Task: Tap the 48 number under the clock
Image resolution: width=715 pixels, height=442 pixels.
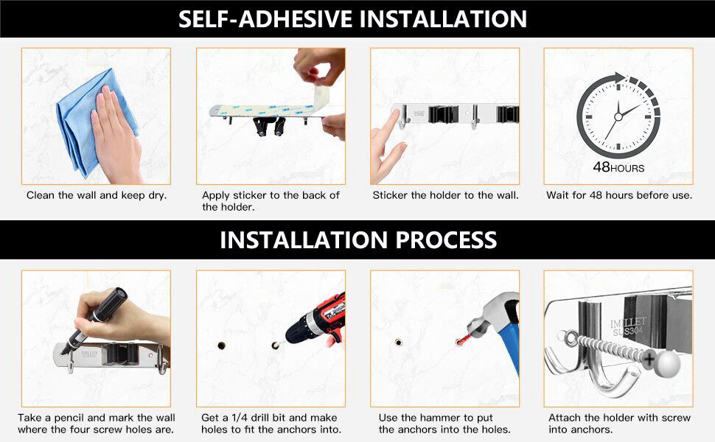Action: [601, 166]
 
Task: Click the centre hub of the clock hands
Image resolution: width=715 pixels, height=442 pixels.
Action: [618, 116]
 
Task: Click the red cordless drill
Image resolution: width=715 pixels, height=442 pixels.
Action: [318, 319]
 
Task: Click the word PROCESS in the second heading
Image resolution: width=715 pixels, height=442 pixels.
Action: [446, 240]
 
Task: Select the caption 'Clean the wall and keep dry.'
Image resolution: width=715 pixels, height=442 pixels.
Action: [97, 195]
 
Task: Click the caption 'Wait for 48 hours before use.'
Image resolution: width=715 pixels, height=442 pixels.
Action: [619, 195]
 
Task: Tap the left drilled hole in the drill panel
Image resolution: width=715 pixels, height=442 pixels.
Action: [222, 345]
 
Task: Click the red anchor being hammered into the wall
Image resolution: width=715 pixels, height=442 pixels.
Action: [464, 340]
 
